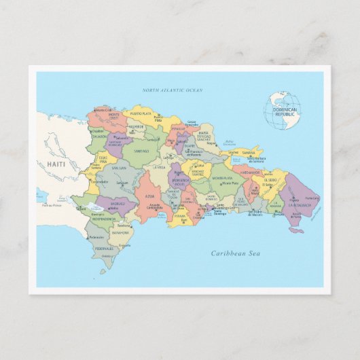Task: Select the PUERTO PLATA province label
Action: pos(141,115)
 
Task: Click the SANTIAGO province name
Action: pos(141,151)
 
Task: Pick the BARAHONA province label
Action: pos(120,232)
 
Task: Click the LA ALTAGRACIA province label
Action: pos(300,196)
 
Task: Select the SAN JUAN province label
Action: pos(118,167)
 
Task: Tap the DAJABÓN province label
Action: pos(99,136)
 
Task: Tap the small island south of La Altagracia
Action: pos(296,230)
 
